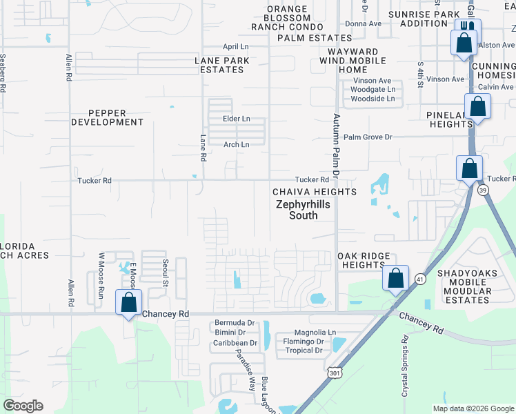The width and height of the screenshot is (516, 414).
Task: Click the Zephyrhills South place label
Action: point(297,210)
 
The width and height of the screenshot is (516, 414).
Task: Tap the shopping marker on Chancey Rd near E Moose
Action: point(129,302)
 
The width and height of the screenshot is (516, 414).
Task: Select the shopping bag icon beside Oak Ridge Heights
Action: point(396,278)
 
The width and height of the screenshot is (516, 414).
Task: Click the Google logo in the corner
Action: point(23,406)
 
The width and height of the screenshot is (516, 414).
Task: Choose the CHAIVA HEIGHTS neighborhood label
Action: point(314,191)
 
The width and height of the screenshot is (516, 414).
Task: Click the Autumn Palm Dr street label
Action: point(337,143)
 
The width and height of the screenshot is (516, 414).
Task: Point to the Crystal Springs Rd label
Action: point(403,365)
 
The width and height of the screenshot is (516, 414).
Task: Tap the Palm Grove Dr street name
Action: point(368,137)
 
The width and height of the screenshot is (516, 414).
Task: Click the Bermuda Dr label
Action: point(235,323)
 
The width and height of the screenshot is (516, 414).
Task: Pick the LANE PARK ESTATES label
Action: point(222,65)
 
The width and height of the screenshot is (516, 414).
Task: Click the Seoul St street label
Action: point(165,273)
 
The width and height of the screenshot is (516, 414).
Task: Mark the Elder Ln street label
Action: point(236,119)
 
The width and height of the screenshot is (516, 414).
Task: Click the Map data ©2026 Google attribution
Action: point(473,408)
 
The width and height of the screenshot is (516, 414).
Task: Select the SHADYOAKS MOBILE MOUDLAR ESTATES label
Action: point(464,286)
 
